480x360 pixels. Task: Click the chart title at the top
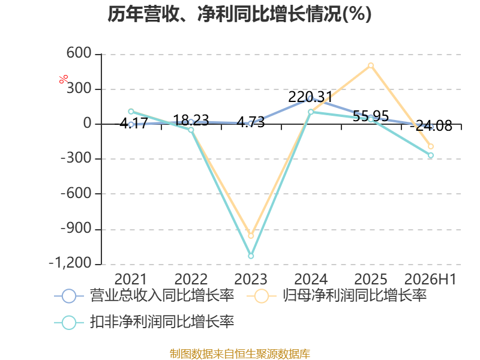coord(239,14)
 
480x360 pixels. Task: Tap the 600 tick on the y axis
coord(79,53)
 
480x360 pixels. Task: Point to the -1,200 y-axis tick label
coord(70,263)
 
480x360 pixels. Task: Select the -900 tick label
coord(76,228)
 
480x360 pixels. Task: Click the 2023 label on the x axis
coord(251,279)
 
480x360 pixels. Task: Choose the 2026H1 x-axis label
coord(430,279)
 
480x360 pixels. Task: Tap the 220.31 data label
coord(310,97)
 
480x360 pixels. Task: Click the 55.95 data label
coord(371,116)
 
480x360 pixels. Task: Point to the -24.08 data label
coord(431,125)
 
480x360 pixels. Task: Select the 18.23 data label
coord(191,120)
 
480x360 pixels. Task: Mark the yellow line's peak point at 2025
coord(371,65)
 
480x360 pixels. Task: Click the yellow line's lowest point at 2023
coord(251,236)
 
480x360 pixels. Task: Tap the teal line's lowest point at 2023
coord(251,256)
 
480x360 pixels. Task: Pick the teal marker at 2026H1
coord(431,155)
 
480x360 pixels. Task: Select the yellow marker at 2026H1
coord(431,146)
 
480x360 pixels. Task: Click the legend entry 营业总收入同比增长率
coord(144,296)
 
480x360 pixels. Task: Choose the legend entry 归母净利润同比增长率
coord(337,296)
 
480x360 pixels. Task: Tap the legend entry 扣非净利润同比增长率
coord(144,322)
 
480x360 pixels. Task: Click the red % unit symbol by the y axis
coord(64,79)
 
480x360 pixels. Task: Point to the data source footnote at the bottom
coord(240,354)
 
